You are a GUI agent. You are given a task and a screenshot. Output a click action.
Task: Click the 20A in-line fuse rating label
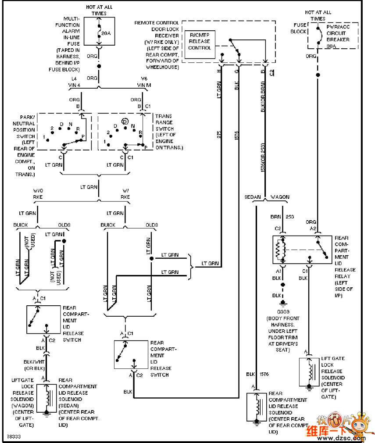pos(106,33)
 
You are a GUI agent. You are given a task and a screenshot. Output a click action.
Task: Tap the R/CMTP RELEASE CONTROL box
pos(200,42)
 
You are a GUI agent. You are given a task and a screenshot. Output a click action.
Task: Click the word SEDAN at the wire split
pos(253,197)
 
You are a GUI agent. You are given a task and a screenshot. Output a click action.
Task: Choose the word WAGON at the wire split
pos(280,197)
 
